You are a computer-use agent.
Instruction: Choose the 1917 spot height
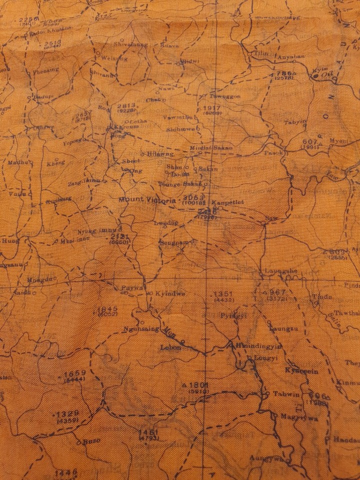(212, 108)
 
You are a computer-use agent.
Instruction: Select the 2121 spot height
(120, 236)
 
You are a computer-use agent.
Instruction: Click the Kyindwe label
(170, 293)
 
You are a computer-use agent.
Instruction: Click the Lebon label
(170, 346)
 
